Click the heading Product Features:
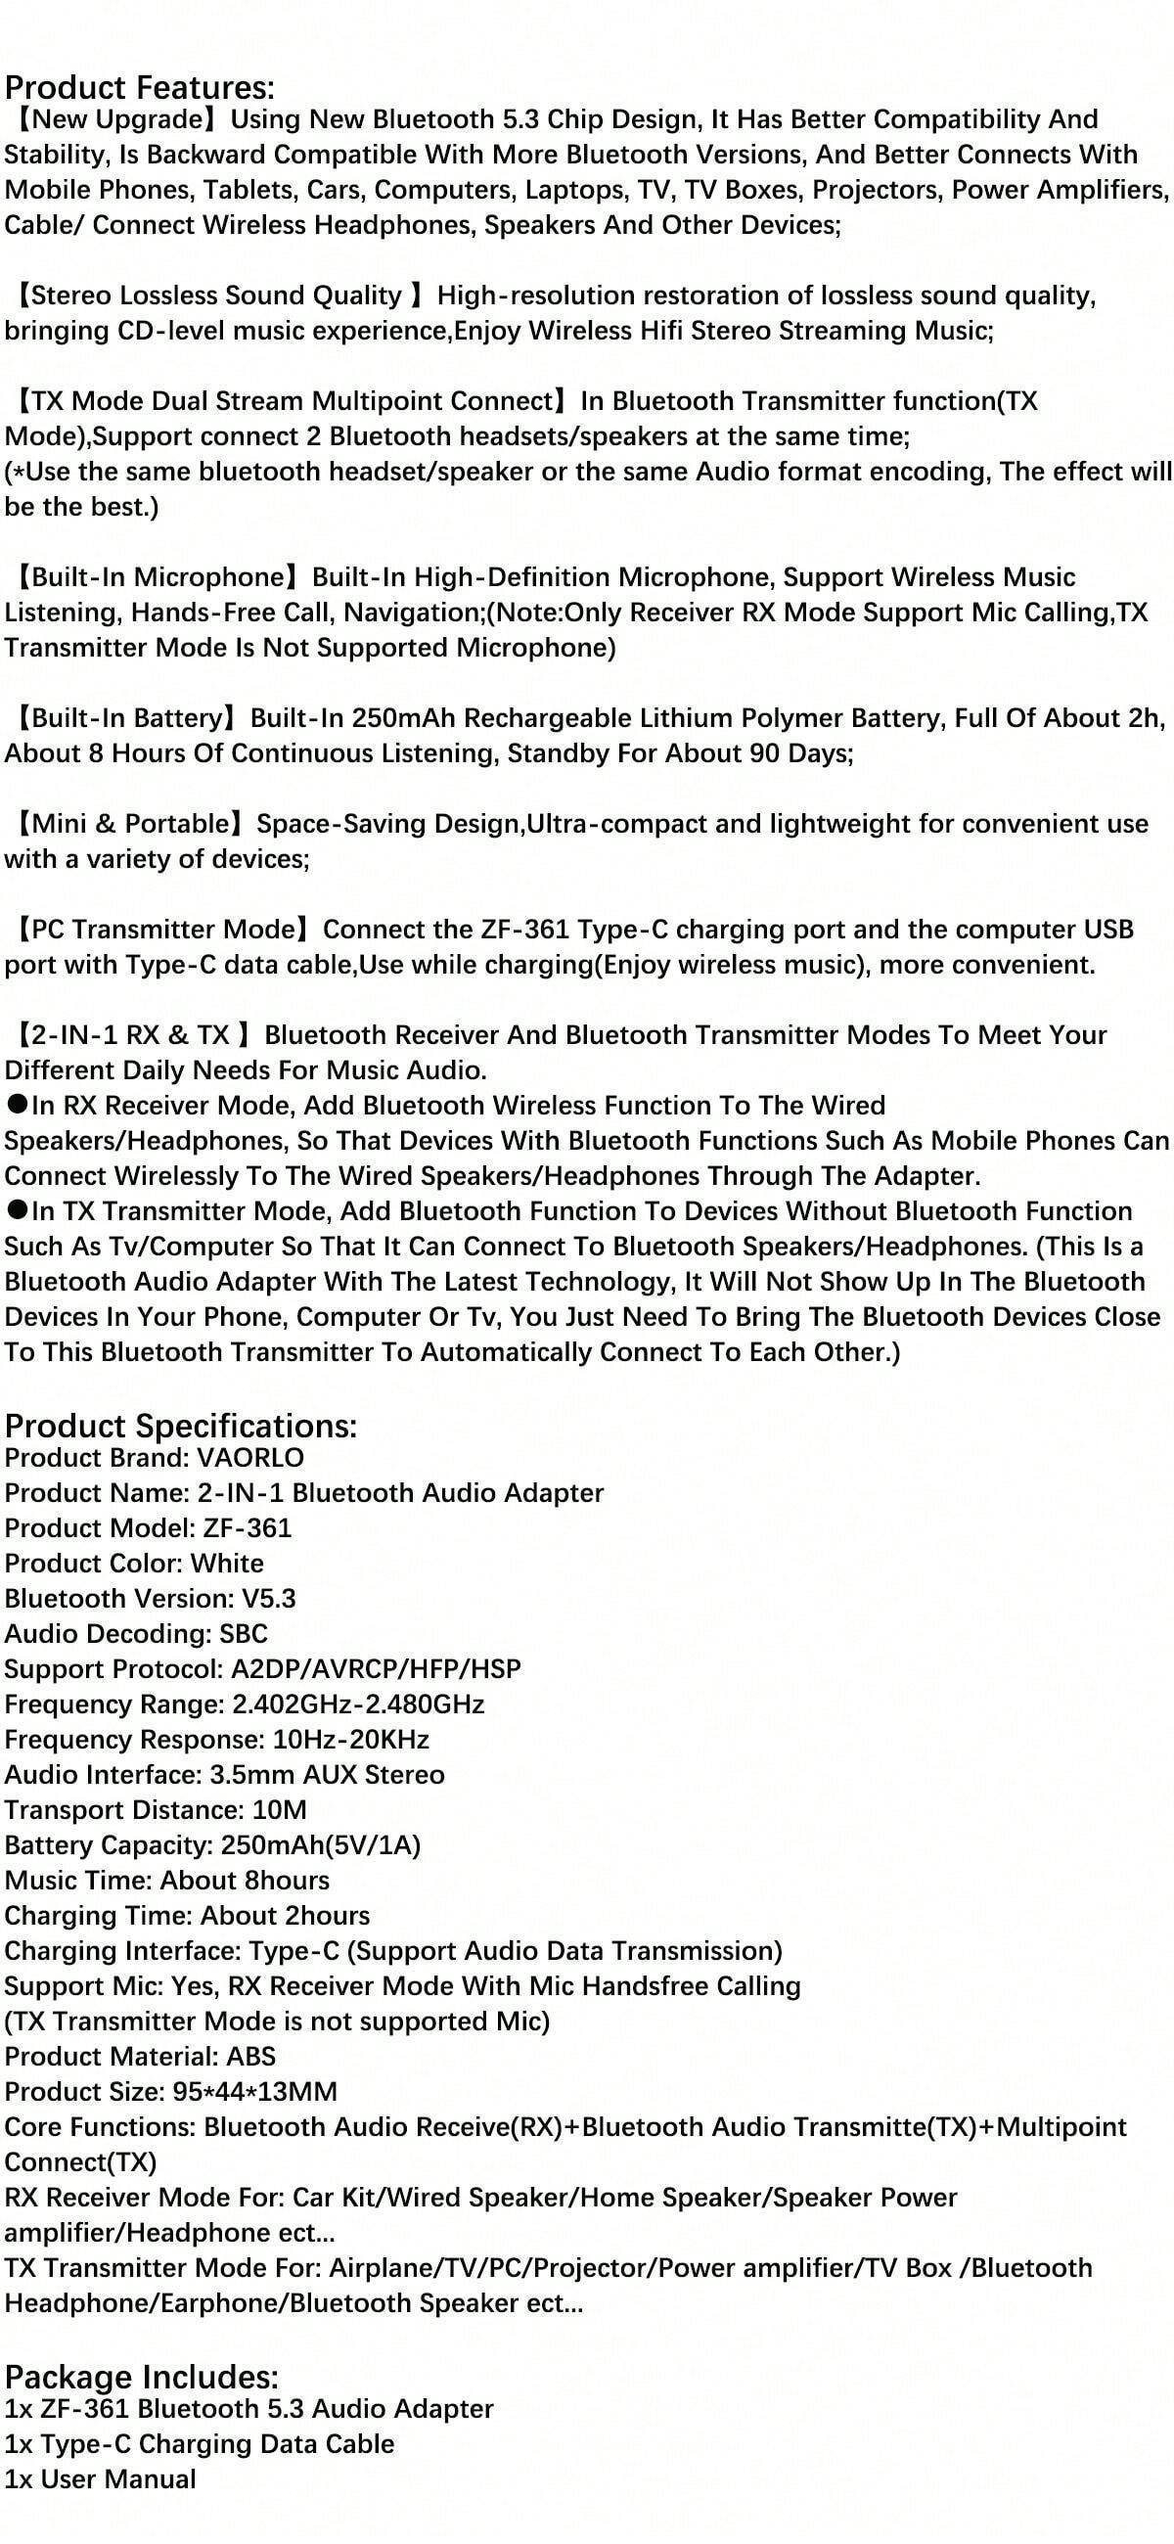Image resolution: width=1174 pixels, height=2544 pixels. (139, 88)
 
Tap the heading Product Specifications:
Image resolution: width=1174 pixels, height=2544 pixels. (181, 1425)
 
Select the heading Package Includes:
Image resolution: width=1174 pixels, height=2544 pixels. (142, 2376)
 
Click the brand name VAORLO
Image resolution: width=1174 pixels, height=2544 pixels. (250, 1458)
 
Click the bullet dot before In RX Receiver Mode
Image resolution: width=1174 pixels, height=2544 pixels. (17, 1105)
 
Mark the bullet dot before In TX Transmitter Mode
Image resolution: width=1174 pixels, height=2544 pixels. (17, 1210)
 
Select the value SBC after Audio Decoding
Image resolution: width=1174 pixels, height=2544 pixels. (244, 1633)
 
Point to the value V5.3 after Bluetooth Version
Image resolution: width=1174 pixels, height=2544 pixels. (269, 1598)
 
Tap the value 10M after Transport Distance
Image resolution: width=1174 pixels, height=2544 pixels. (280, 1809)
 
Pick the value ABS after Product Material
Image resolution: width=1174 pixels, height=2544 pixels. (250, 2056)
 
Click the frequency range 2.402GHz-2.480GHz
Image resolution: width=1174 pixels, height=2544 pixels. (358, 1704)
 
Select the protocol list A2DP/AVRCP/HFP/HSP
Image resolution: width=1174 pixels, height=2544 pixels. (377, 1668)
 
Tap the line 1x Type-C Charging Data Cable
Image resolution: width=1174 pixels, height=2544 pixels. (200, 2443)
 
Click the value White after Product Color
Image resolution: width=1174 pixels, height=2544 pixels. (227, 1564)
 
